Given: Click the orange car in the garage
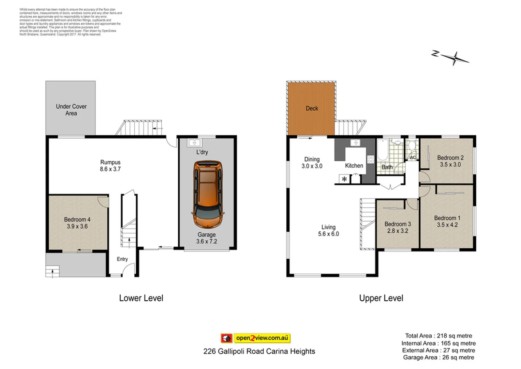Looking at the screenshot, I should pos(208,194).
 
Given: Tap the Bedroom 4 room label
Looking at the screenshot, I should pos(77,220).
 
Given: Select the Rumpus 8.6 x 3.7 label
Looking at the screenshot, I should pos(110,166).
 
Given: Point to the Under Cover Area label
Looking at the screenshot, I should pos(71,110).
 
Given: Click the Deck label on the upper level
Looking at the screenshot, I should pos(312,108).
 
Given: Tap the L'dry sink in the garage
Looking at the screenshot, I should pos(194,143).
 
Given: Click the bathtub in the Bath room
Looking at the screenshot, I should pos(383,150).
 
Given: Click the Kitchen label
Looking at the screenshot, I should pos(354,166).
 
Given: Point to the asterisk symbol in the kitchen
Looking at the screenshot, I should pos(344,179).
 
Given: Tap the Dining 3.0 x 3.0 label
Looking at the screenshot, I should pos(312,163).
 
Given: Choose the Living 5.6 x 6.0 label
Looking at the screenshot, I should pos(328,231).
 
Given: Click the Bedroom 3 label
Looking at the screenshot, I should pos(398,224).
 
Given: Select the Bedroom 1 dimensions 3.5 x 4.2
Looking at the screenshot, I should pos(447,225).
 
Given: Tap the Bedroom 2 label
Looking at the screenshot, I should pos(450,158).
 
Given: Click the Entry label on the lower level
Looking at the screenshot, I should pos(122,259).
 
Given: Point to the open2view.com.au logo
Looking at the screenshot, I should pos(255,338).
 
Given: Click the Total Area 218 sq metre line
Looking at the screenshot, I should pos(438,336).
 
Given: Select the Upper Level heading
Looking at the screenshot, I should pos(381,298).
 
